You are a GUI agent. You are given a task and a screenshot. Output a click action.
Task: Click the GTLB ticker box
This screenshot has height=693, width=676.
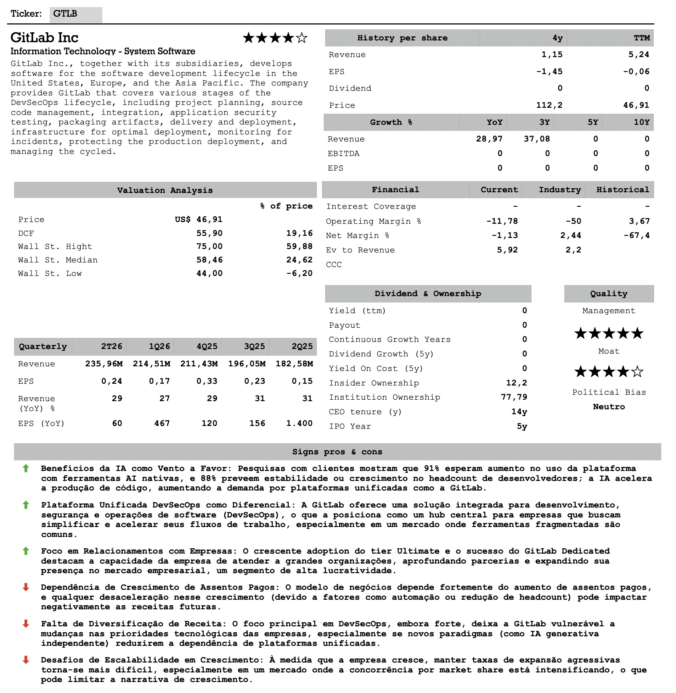pyautogui.click(x=75, y=14)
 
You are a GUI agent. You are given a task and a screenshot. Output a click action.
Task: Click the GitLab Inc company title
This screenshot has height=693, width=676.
pyautogui.click(x=44, y=38)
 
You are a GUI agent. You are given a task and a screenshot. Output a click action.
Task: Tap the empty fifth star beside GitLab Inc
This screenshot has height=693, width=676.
pyautogui.click(x=302, y=38)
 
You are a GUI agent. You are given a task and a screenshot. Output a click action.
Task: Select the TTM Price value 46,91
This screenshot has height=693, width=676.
pyautogui.click(x=636, y=105)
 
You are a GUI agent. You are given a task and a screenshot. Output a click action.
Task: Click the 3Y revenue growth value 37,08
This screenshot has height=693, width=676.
pyautogui.click(x=536, y=139)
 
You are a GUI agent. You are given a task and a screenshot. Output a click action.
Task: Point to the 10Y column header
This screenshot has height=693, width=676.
pyautogui.click(x=641, y=122)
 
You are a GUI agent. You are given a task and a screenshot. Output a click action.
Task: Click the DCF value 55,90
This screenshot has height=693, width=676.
pyautogui.click(x=209, y=233)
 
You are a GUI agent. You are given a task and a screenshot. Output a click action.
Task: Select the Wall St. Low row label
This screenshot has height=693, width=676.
pyautogui.click(x=50, y=273)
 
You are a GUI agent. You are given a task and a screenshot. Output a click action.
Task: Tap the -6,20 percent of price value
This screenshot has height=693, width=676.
pyautogui.click(x=299, y=273)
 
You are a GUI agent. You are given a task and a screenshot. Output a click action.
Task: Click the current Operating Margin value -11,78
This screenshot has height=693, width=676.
pyautogui.click(x=502, y=221)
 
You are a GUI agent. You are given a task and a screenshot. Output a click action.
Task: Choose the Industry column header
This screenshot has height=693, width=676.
pyautogui.click(x=559, y=190)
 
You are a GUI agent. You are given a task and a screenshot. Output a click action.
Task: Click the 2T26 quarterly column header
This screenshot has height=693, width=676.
pyautogui.click(x=112, y=346)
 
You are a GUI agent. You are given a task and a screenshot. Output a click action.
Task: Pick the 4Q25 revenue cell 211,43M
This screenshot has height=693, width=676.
pyautogui.click(x=199, y=364)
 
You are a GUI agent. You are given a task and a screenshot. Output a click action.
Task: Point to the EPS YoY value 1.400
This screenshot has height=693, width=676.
pyautogui.click(x=299, y=423)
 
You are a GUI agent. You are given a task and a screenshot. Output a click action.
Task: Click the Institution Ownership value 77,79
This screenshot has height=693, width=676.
pyautogui.click(x=514, y=397)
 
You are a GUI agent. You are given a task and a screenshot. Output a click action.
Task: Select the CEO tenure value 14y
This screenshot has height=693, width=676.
pyautogui.click(x=519, y=411)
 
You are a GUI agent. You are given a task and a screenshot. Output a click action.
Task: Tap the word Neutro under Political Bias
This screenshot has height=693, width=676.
pyautogui.click(x=609, y=406)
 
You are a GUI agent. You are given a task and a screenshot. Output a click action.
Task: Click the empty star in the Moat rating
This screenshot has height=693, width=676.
pyautogui.click(x=638, y=372)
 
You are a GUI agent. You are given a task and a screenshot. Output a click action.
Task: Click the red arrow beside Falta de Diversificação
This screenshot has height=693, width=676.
pyautogui.click(x=26, y=624)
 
